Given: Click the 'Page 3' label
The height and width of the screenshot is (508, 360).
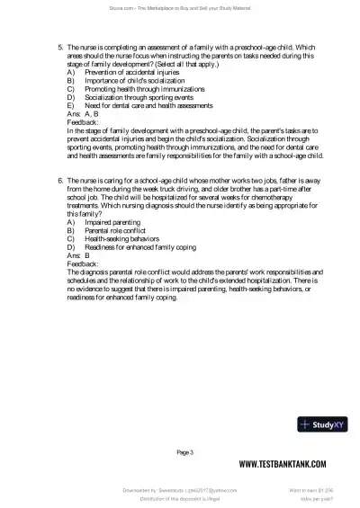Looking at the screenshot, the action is (x=185, y=451).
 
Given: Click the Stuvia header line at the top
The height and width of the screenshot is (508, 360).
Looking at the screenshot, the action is (x=180, y=7).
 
